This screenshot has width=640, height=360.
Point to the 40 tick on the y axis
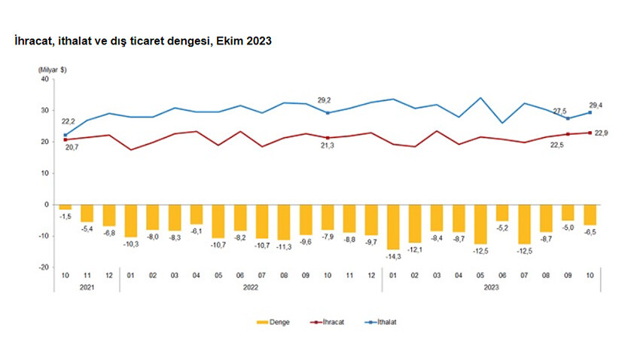coord(44,79)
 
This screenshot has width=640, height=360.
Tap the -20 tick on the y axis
coord(44,267)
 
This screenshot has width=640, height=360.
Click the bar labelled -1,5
coord(66,207)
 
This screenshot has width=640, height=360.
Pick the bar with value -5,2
coord(502,212)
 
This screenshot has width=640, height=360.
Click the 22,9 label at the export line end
coord(601,133)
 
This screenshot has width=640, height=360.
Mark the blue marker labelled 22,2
coord(66,135)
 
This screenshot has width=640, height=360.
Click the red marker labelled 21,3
coord(328,138)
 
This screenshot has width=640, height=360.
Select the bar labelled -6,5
coord(590,215)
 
